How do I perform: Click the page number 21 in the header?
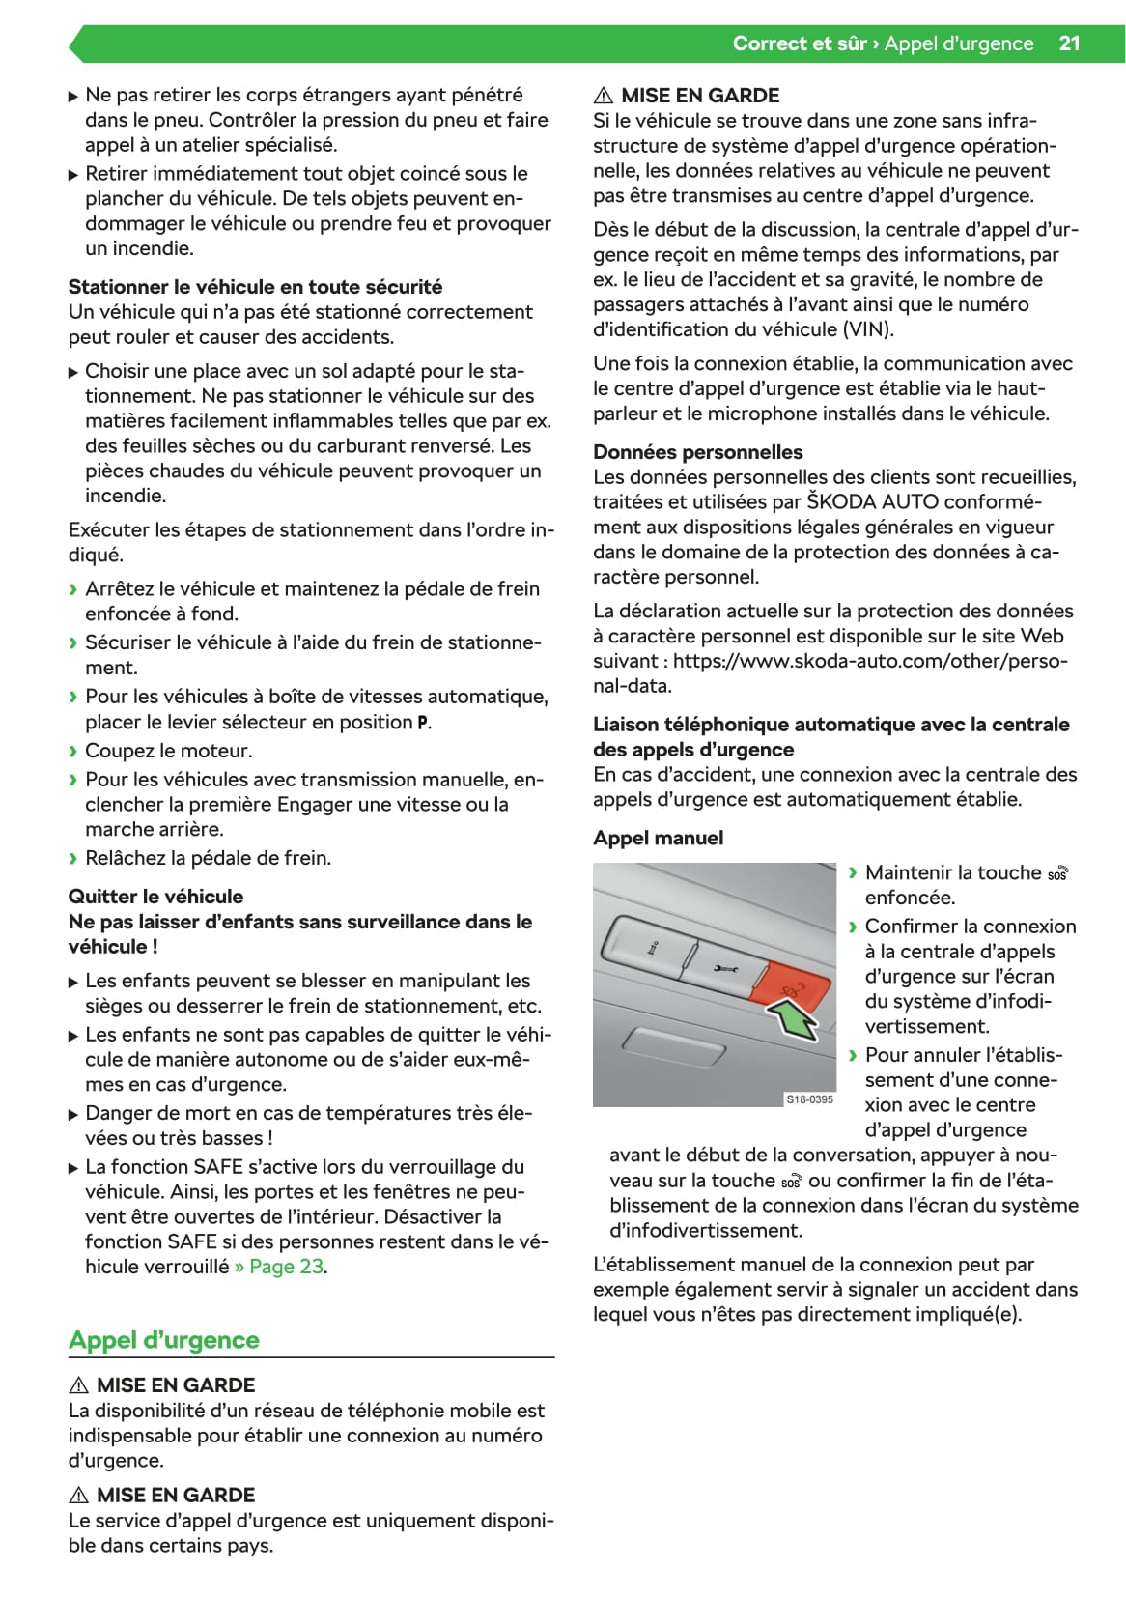pos(1069,43)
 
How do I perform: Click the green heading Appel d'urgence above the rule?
pos(164,1340)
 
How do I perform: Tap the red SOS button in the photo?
pos(790,987)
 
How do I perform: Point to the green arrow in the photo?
pos(794,1020)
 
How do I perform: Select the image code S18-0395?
pos(809,1099)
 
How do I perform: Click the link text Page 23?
pos(287,1267)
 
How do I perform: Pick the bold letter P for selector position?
pos(422,723)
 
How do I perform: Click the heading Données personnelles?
pos(697,452)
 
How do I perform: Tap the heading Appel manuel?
pos(658,838)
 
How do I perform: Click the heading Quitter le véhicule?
pos(155,897)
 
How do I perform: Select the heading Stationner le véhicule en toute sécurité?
pos(255,287)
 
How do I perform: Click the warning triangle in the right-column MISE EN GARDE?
pos(604,96)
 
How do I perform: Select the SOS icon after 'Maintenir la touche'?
pos(1057,873)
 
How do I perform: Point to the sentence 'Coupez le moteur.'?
pos(168,751)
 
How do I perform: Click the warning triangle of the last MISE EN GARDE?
pos(79,1496)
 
